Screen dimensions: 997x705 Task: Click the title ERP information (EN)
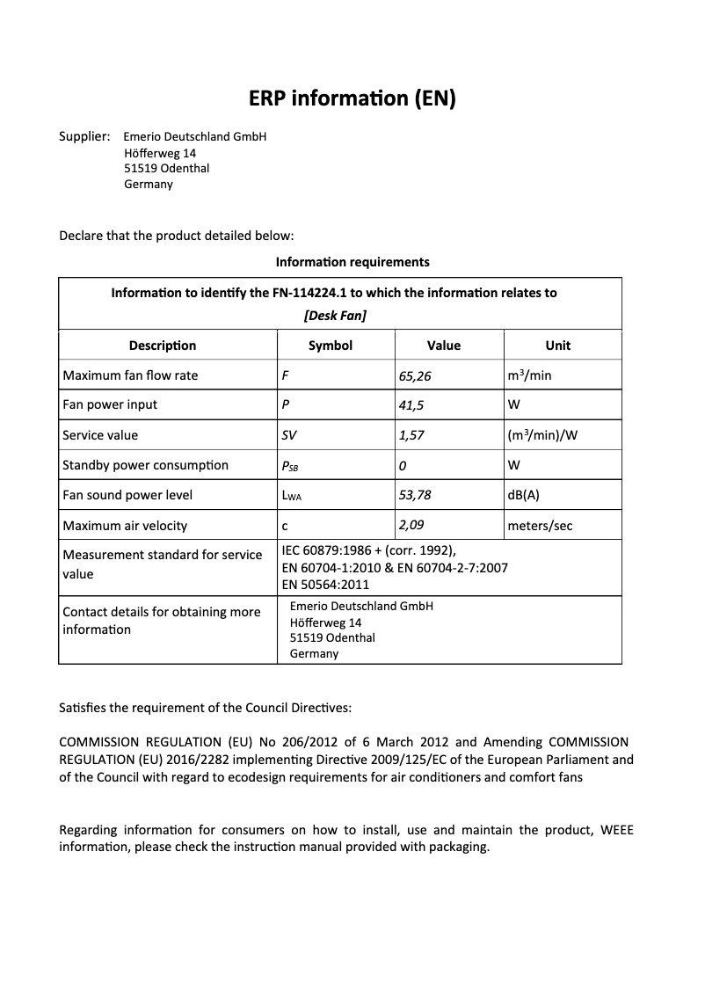click(x=352, y=98)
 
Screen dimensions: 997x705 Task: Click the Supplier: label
click(x=84, y=136)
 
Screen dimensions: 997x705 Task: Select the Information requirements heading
click(x=352, y=262)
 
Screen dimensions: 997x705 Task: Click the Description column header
click(x=163, y=346)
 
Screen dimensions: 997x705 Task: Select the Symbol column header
click(x=331, y=346)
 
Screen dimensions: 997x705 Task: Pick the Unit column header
click(x=557, y=346)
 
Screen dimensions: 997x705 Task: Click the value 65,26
click(x=415, y=375)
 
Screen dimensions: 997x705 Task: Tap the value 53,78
click(x=415, y=495)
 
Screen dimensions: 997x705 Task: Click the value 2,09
click(x=412, y=525)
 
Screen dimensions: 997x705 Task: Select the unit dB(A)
click(x=524, y=495)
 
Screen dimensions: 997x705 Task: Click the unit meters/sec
click(x=540, y=526)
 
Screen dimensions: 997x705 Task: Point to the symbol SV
click(x=289, y=435)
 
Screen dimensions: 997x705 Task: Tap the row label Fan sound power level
click(x=127, y=495)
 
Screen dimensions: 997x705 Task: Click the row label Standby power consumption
click(x=145, y=465)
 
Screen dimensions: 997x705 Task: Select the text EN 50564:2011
click(x=325, y=584)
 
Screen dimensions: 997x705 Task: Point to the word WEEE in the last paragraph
click(x=616, y=830)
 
